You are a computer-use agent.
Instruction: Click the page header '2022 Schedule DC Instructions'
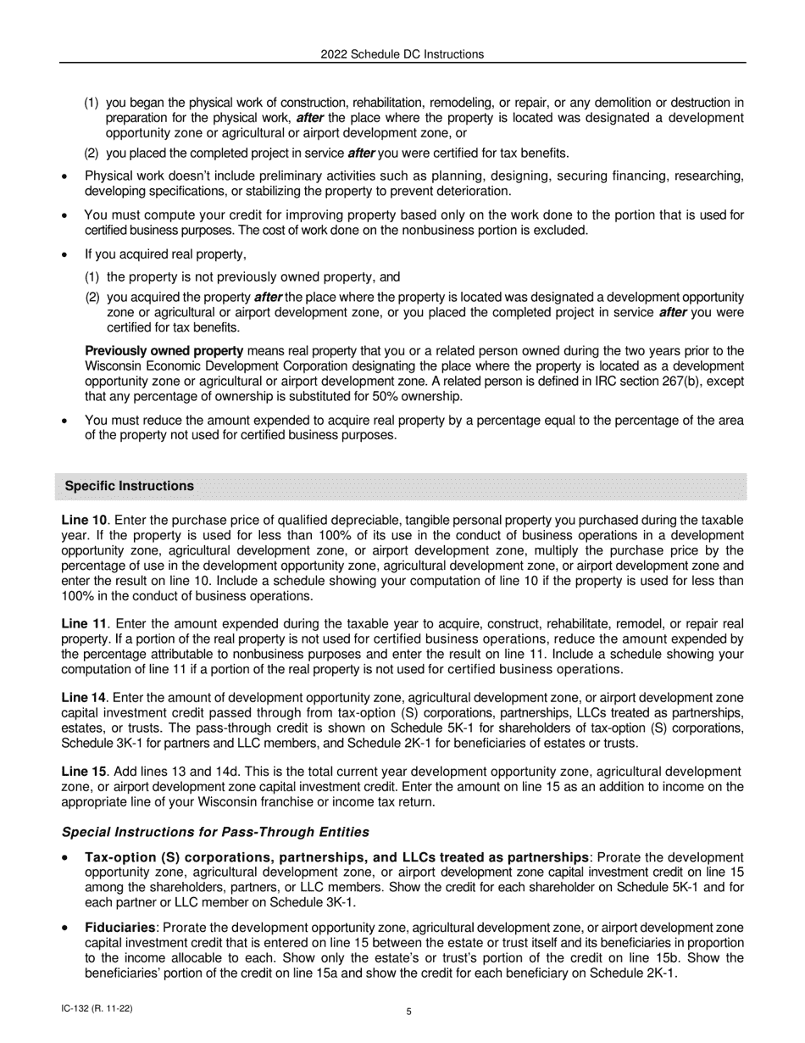pyautogui.click(x=402, y=54)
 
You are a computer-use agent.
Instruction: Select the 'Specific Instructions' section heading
pyautogui.click(x=129, y=486)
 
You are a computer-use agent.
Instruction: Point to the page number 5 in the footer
pyautogui.click(x=408, y=1010)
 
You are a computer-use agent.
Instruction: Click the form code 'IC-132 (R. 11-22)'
pyautogui.click(x=97, y=1008)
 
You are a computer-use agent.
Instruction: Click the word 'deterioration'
pyautogui.click(x=473, y=191)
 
